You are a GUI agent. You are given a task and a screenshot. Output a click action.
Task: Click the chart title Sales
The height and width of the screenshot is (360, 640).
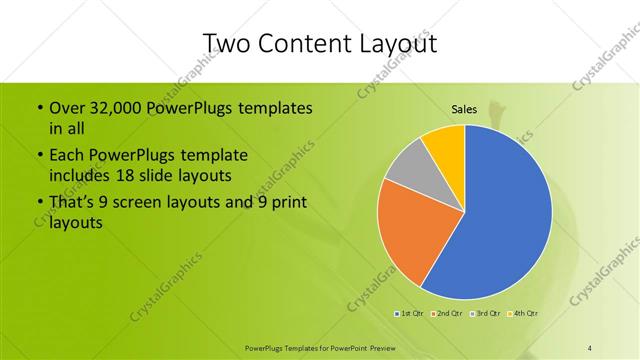pos(464,109)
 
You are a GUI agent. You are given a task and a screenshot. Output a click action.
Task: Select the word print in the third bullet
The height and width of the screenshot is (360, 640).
pos(284,203)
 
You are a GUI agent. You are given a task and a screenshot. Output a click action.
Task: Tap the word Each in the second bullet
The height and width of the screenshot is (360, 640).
pos(66,156)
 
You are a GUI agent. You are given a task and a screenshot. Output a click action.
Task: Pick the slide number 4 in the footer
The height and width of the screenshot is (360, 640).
pos(590,346)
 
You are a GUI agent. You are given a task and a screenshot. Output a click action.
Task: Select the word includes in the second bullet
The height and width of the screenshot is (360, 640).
pos(80,176)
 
